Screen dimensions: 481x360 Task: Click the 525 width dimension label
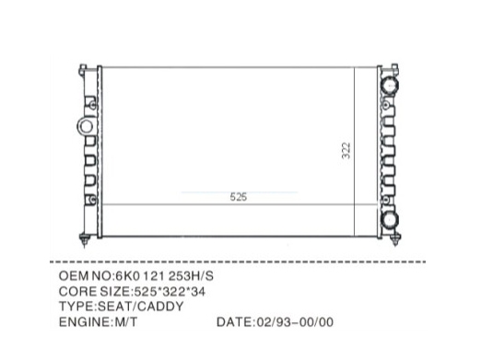pos(239,197)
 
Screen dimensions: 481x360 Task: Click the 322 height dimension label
pos(346,150)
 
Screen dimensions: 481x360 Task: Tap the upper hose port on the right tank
pos(389,85)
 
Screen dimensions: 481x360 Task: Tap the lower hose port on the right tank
pos(390,219)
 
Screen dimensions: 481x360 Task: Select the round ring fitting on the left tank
pos(86,126)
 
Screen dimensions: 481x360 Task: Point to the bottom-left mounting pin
pos(85,240)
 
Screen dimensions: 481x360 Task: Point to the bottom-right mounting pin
pos(395,239)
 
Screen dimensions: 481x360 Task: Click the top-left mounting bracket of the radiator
pos(83,70)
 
